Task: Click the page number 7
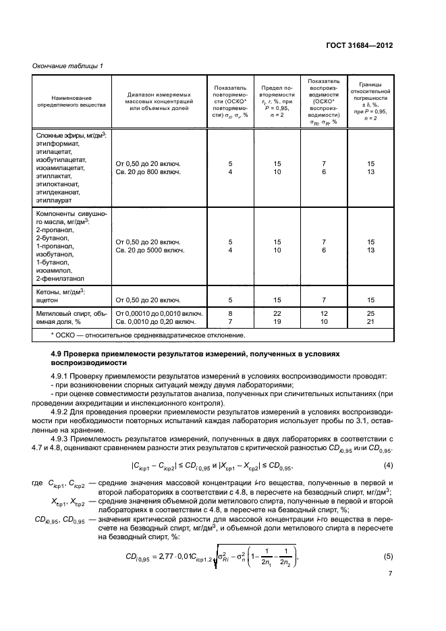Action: click(390, 593)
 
